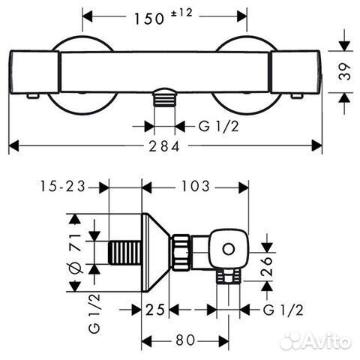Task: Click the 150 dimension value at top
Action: click(149, 19)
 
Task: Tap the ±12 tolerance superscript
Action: click(181, 13)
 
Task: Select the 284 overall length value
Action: click(164, 146)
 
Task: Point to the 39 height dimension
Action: click(344, 71)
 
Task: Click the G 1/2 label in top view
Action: click(219, 127)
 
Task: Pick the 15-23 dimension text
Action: click(63, 186)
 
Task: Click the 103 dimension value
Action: click(195, 186)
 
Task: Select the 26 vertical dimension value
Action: click(267, 266)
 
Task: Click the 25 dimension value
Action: click(155, 310)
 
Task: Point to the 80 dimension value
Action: click(185, 340)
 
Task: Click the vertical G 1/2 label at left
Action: click(94, 313)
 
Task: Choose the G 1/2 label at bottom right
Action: click(283, 310)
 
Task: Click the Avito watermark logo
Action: click(316, 340)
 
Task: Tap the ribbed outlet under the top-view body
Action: click(164, 99)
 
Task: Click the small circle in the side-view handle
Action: click(228, 249)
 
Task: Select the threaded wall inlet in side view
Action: click(124, 253)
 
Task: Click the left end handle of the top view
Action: click(34, 72)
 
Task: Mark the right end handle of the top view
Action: click(295, 72)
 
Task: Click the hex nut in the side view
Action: click(181, 252)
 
